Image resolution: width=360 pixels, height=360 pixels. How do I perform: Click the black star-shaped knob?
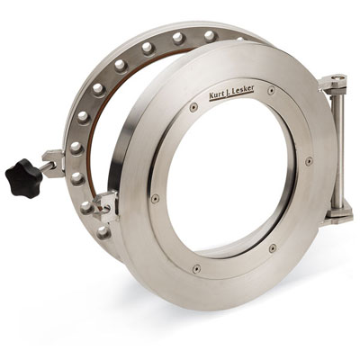(x=23, y=178)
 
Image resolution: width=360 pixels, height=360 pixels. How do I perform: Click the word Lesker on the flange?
(x=244, y=89)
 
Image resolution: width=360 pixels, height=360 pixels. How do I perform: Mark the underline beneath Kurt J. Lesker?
(x=231, y=96)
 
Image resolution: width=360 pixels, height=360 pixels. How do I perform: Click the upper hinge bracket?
(x=334, y=82)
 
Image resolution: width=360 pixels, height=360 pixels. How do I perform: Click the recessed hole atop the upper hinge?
(x=337, y=77)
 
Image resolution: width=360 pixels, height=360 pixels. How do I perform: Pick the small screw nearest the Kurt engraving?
(x=193, y=107)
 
